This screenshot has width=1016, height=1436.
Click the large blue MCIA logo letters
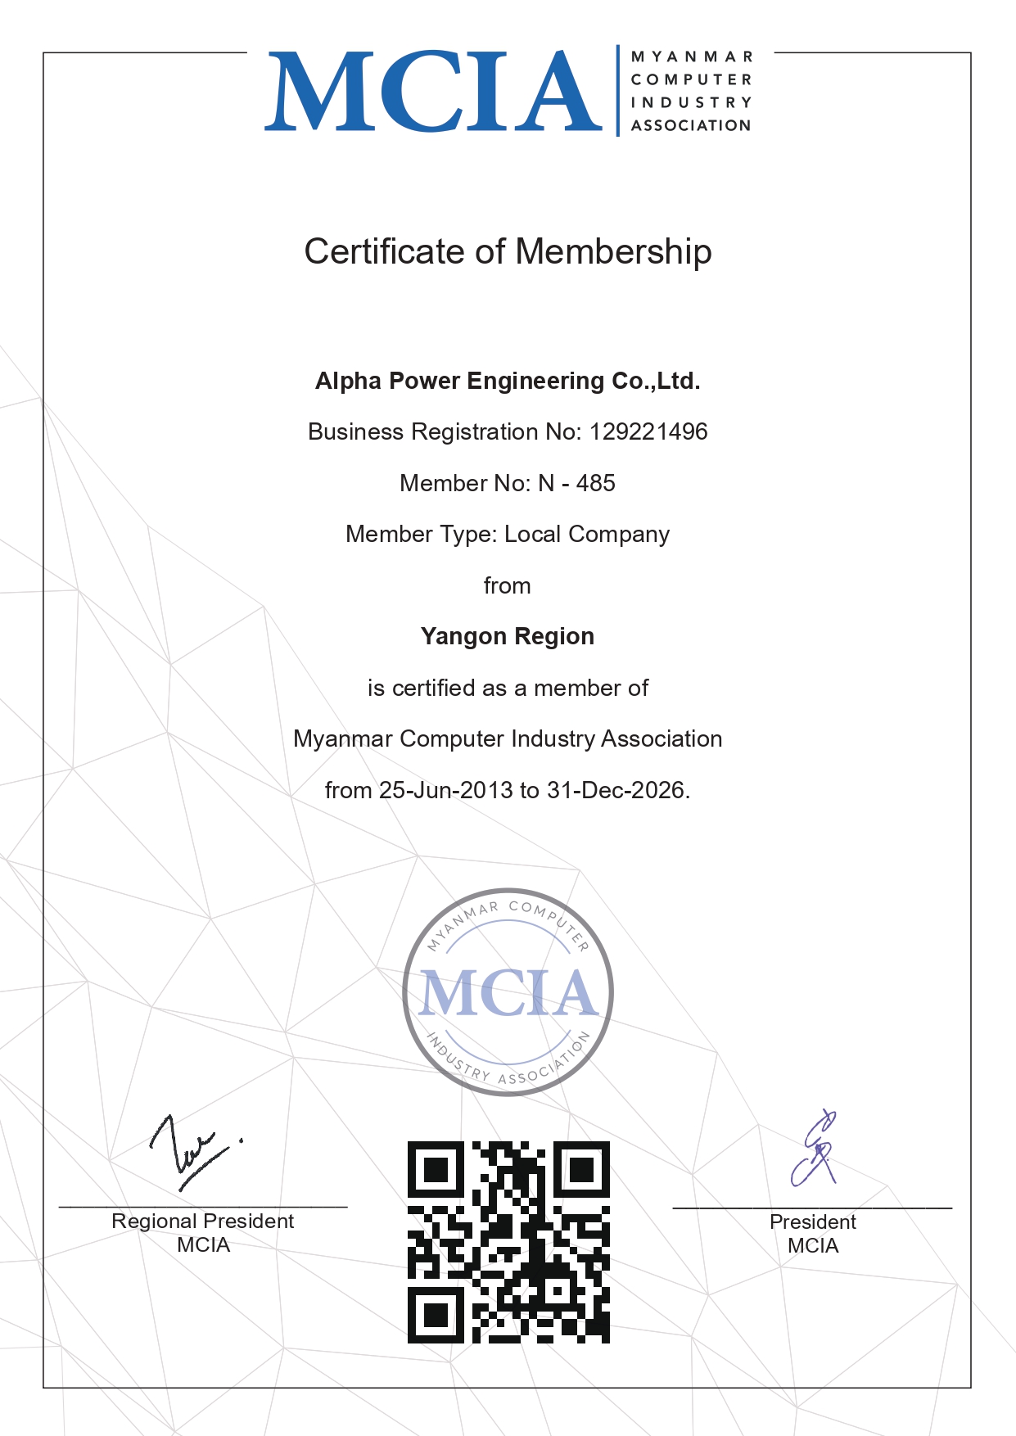click(434, 92)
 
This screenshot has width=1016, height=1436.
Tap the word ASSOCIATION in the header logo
click(691, 125)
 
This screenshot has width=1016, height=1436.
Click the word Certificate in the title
click(385, 251)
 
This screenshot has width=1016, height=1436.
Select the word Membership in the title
click(613, 251)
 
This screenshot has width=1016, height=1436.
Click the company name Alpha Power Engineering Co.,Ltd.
click(508, 381)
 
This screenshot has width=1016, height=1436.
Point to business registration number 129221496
click(648, 431)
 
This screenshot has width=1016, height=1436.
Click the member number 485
click(595, 483)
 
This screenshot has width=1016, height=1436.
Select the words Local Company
click(587, 534)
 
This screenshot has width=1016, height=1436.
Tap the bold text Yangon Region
click(508, 636)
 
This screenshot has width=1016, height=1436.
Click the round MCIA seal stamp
click(508, 992)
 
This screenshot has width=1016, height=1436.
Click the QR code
click(508, 1242)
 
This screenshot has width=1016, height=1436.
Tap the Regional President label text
click(203, 1222)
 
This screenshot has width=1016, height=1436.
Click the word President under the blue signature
click(813, 1222)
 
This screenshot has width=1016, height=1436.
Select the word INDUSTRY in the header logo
click(691, 102)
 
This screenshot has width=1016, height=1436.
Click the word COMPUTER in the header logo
click(691, 79)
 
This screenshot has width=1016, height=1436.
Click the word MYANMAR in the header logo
click(691, 56)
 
